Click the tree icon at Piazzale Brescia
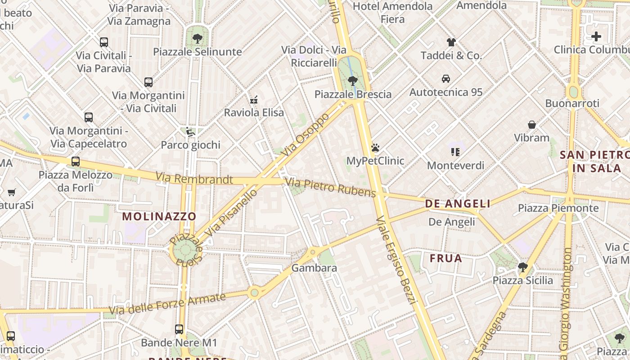pos(353,81)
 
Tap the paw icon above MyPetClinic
pos(375,148)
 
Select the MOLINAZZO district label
pos(159,216)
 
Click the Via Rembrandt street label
pos(194,179)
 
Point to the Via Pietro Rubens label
pos(331,188)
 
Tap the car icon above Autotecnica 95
pos(446,79)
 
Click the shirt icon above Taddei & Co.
pos(451,42)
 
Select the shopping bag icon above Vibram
pos(532,125)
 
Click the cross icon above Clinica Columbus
pos(596,36)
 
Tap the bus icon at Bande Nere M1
pos(179,329)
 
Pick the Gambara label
pos(314,268)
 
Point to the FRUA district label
pos(446,258)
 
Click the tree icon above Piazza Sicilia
pos(522,267)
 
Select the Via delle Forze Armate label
pos(167,304)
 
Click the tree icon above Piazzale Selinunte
pos(197,39)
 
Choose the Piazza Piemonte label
pos(558,208)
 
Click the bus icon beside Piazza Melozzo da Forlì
pos(76,162)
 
